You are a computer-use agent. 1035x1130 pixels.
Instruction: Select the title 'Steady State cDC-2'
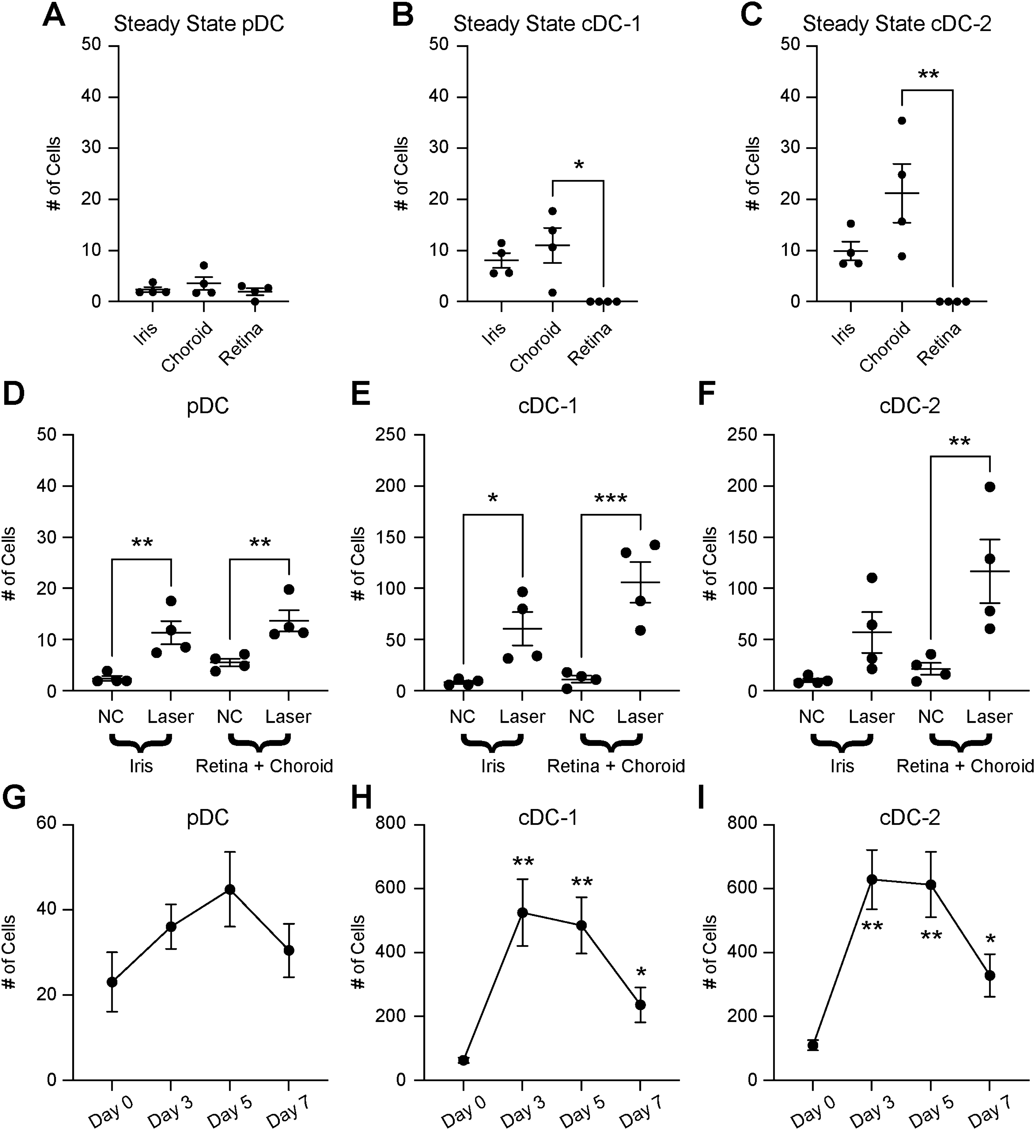pyautogui.click(x=897, y=24)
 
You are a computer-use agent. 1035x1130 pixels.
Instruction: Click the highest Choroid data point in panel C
pyautogui.click(x=902, y=120)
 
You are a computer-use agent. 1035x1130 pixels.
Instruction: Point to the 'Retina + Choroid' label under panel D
pyautogui.click(x=264, y=766)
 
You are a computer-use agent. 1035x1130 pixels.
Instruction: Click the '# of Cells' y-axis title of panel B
pyautogui.click(x=401, y=174)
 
